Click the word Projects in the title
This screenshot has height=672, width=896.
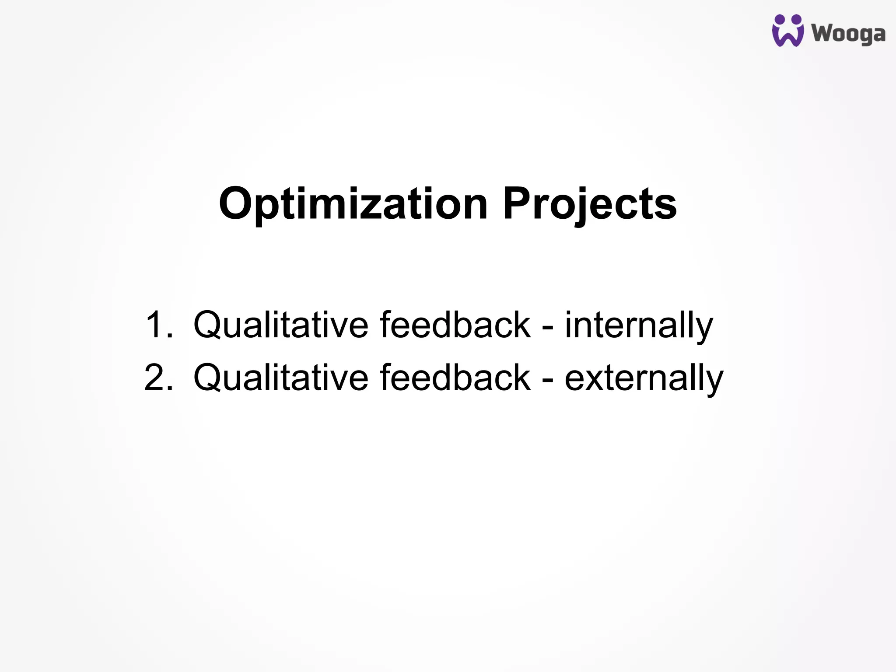pos(590,204)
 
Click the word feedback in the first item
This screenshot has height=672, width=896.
pos(455,325)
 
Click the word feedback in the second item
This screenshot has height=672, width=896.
pos(455,378)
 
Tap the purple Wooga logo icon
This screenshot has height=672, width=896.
pos(787,31)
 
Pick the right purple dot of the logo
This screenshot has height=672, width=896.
pos(797,20)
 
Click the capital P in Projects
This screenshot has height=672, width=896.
pos(518,204)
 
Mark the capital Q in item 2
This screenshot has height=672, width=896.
pos(210,378)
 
